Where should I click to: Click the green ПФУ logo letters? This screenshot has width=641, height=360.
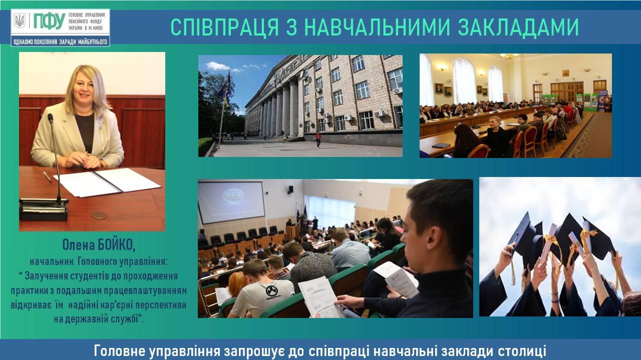click(x=50, y=21)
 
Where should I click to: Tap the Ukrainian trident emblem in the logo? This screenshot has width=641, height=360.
click(x=20, y=21)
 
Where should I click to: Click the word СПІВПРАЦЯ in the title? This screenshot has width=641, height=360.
click(x=225, y=27)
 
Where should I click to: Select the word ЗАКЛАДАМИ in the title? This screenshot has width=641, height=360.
click(x=518, y=27)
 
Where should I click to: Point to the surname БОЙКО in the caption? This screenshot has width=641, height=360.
click(x=117, y=245)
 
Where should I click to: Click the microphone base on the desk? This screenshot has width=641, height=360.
click(x=44, y=209)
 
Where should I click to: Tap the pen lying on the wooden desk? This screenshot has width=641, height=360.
click(x=48, y=177)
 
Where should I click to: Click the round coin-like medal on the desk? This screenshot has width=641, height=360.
click(x=99, y=215)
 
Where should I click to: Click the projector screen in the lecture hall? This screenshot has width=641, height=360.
click(x=231, y=202)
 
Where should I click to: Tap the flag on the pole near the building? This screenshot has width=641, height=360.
click(x=224, y=89)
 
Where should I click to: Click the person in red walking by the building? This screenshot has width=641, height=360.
click(x=318, y=139)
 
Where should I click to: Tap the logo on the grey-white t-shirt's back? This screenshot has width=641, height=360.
click(x=272, y=291)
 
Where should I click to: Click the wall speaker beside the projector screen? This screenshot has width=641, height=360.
click(x=290, y=189)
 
